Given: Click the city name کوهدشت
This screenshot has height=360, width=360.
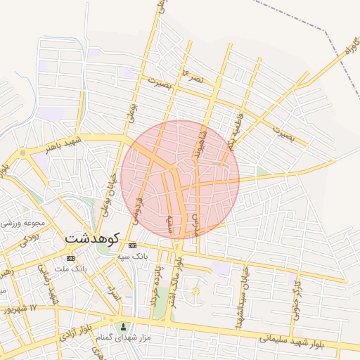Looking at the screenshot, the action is [x=93, y=238].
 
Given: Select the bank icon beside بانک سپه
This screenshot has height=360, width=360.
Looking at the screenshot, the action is [x=133, y=245].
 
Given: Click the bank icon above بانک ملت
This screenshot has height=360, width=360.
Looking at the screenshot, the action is [x=70, y=258].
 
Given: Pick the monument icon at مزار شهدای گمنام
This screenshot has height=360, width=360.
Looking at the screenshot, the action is [x=124, y=326].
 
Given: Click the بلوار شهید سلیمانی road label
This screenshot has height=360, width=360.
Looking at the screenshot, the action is [x=295, y=342].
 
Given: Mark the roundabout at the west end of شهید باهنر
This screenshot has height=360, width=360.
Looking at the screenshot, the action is [x=22, y=152].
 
